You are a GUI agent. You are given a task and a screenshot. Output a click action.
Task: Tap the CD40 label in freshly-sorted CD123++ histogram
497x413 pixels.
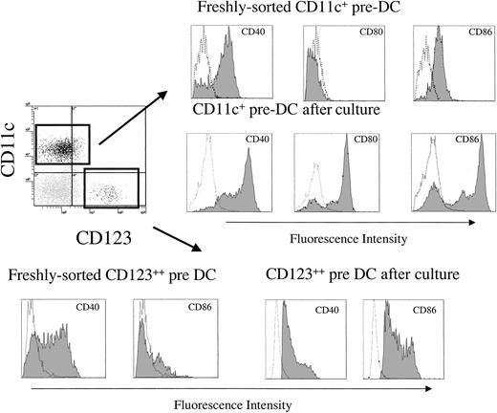point(90,308)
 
